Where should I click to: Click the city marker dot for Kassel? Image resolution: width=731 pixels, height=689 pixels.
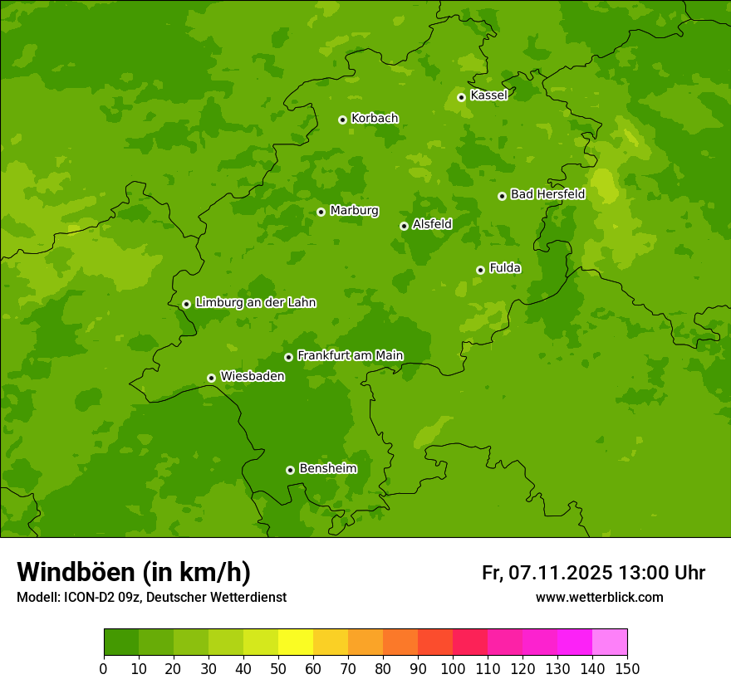coord(461,97)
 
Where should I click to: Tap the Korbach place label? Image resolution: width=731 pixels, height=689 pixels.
coord(375,119)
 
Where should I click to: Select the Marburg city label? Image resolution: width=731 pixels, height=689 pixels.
coord(354,211)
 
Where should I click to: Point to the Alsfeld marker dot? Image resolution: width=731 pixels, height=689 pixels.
coord(404,226)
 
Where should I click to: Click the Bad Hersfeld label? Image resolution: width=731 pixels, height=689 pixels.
coord(547,194)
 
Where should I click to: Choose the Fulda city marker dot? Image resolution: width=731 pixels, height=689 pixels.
coord(480,270)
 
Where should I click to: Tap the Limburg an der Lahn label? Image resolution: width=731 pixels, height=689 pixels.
coord(255,303)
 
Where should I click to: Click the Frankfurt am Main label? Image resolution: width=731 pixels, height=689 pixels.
coord(350,355)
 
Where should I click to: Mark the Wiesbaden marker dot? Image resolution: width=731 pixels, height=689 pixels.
coord(211,378)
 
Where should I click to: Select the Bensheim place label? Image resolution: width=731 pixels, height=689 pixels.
coord(327,468)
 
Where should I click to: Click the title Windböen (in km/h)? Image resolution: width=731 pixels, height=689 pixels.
coord(134,572)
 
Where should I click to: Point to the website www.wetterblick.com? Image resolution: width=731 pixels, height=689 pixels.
coord(599,597)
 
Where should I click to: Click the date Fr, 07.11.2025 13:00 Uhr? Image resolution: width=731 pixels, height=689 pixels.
coord(593,573)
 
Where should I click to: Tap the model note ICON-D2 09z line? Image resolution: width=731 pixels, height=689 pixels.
coord(151,597)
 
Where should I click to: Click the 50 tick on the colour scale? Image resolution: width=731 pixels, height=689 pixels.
coord(278,668)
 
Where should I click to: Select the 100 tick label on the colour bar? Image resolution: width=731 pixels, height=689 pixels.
coord(453,668)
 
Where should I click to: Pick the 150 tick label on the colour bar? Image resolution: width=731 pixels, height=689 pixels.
coord(627,668)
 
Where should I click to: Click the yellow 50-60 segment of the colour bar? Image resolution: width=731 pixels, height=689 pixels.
coord(296,643)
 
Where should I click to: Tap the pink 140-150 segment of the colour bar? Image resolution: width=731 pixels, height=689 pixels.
coord(610,643)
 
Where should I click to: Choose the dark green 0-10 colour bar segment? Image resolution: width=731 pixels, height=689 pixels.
coord(121,643)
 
